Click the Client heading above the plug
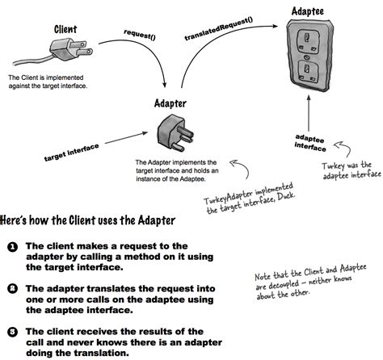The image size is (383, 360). pyautogui.click(x=65, y=29)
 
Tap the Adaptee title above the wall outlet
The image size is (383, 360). pyautogui.click(x=307, y=11)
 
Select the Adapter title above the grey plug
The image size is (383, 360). pyautogui.click(x=170, y=103)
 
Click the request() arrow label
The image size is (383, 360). pyautogui.click(x=140, y=35)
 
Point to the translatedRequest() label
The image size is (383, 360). pyautogui.click(x=218, y=29)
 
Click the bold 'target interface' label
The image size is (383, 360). pyautogui.click(x=71, y=153)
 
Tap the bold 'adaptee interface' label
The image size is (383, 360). pyautogui.click(x=310, y=143)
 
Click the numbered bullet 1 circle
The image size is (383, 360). pyautogui.click(x=13, y=247)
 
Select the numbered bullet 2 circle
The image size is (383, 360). pyautogui.click(x=13, y=289)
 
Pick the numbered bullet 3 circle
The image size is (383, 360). pyautogui.click(x=13, y=332)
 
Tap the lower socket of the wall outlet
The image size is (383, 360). pyautogui.click(x=308, y=71)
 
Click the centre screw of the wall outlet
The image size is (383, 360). pyautogui.click(x=307, y=57)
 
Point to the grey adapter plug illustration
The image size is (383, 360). pyautogui.click(x=175, y=132)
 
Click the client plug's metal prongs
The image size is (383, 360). pyautogui.click(x=83, y=48)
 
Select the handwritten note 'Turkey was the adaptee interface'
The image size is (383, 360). pyautogui.click(x=351, y=170)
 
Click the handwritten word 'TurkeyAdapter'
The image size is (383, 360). pyautogui.click(x=229, y=197)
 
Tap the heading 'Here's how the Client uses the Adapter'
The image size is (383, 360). pyautogui.click(x=88, y=220)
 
